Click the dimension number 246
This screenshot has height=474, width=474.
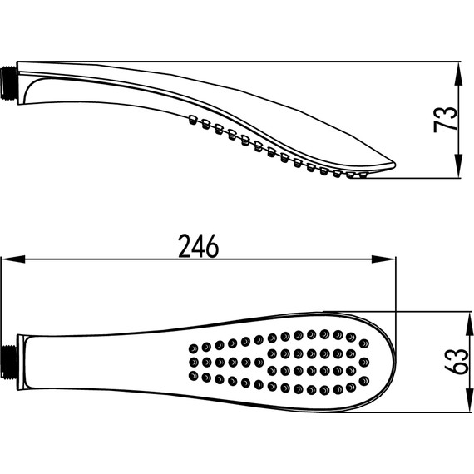199,247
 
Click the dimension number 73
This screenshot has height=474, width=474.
447,120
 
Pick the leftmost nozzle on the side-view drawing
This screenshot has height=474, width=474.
192,118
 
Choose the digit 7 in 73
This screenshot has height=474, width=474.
447,130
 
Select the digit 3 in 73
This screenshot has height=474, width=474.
447,110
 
